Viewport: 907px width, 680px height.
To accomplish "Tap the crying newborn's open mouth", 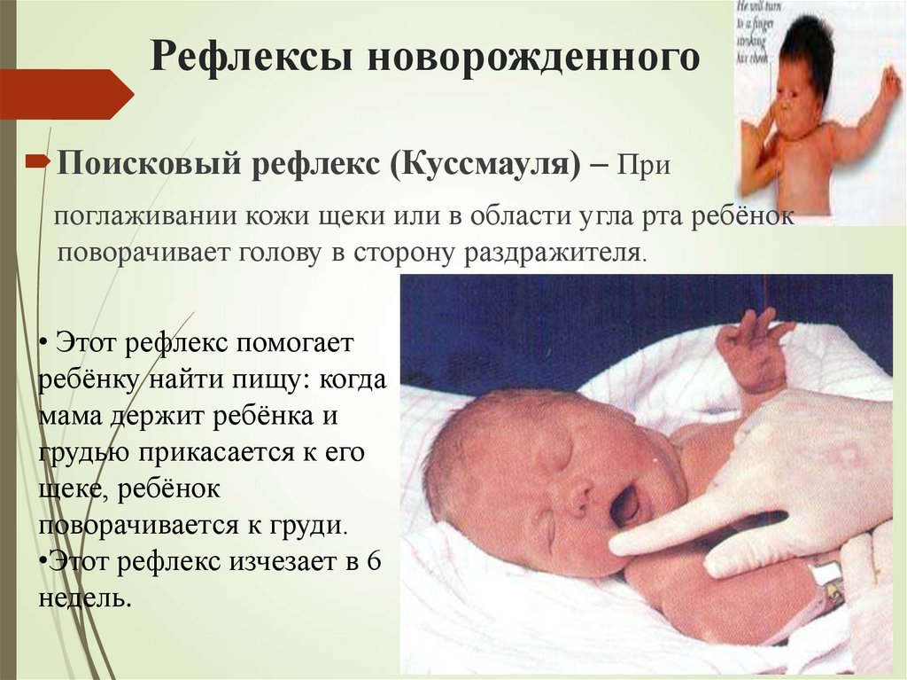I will pos(624,505).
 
